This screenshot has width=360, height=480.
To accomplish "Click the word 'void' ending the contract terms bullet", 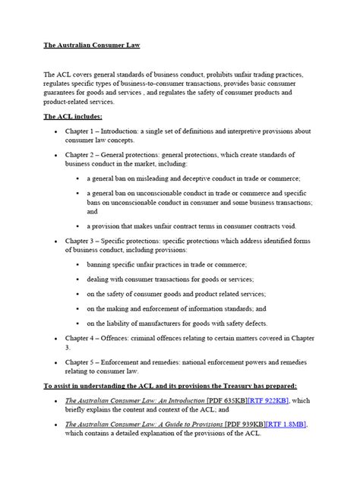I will [298, 226].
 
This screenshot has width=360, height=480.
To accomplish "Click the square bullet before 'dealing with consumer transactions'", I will [78, 279].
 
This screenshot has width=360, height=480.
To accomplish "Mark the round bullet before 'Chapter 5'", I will [58, 364].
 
